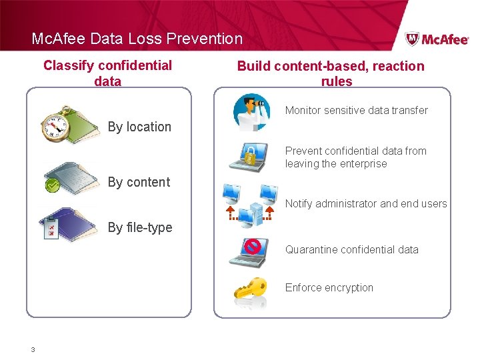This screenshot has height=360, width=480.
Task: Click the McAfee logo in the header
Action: [437, 39]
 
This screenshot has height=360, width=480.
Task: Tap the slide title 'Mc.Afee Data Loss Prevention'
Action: [137, 39]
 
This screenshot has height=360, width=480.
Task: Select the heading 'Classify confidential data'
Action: [108, 73]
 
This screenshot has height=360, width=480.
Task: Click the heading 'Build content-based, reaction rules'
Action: [331, 73]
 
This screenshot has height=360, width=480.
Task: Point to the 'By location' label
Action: [139, 127]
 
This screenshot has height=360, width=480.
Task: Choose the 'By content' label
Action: [139, 182]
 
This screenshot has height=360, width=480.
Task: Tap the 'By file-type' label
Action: [140, 227]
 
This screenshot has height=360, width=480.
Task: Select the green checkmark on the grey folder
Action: [53, 185]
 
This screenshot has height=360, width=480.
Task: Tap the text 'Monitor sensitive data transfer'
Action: [356, 110]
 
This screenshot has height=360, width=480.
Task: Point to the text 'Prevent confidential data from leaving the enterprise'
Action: [355, 157]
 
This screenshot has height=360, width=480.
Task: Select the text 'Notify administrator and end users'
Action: [366, 203]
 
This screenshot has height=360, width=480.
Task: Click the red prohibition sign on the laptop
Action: [252, 247]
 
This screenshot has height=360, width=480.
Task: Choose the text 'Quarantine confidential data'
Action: [352, 249]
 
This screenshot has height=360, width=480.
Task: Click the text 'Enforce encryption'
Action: [329, 287]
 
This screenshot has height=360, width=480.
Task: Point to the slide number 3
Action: [33, 349]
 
